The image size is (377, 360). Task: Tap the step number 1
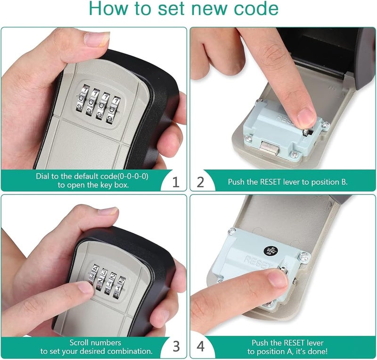pos(175,182)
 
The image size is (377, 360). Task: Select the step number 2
pos(201,182)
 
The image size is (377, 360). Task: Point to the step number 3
pos(175,347)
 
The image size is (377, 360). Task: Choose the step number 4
pos(201,347)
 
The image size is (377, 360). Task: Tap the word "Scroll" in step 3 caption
pos(81,343)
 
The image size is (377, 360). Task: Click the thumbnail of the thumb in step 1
pos(97,38)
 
